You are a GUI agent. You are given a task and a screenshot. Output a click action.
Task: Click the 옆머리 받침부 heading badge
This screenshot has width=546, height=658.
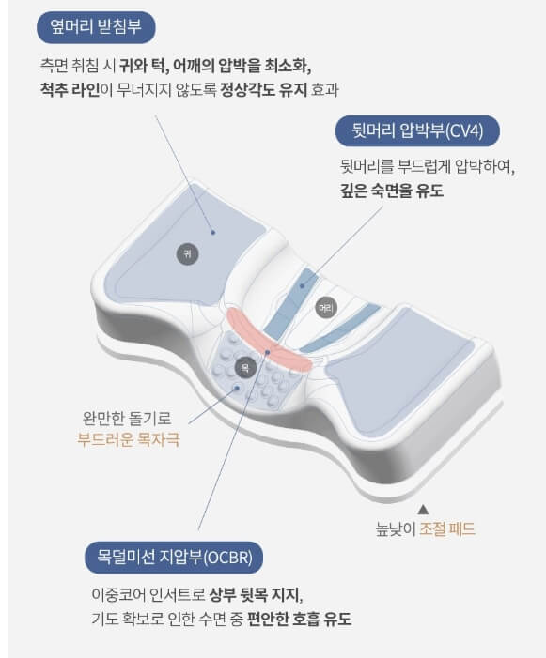click(96, 27)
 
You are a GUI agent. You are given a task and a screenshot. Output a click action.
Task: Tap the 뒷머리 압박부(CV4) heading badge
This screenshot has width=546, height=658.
click(411, 130)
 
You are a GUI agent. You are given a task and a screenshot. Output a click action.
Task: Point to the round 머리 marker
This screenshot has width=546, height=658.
click(325, 307)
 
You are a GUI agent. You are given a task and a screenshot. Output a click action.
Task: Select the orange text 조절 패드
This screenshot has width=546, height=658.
click(447, 528)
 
